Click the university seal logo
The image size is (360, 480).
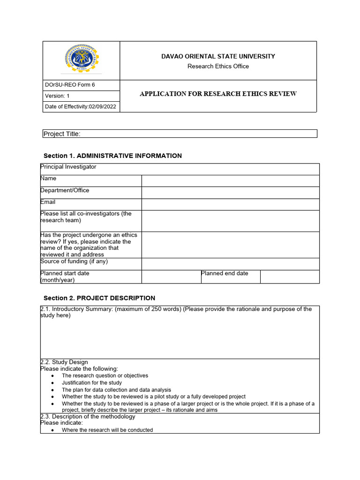tap(81, 60)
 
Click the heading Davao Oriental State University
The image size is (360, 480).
tap(218, 56)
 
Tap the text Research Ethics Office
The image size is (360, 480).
tap(218, 66)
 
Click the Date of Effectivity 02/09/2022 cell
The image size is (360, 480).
tap(81, 107)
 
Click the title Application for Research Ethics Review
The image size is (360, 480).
tap(218, 94)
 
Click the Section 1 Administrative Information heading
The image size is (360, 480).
tap(112, 156)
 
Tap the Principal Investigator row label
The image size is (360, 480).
tap(68, 167)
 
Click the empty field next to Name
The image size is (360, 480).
tap(230, 181)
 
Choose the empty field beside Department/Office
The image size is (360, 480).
tap(230, 193)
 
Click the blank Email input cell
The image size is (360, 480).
tap(230, 204)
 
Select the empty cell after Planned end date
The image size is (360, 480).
tap(290, 277)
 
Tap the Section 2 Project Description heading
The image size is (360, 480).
tap(99, 298)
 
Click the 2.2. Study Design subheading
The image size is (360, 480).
tap(64, 362)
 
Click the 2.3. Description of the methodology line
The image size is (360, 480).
tap(88, 417)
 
